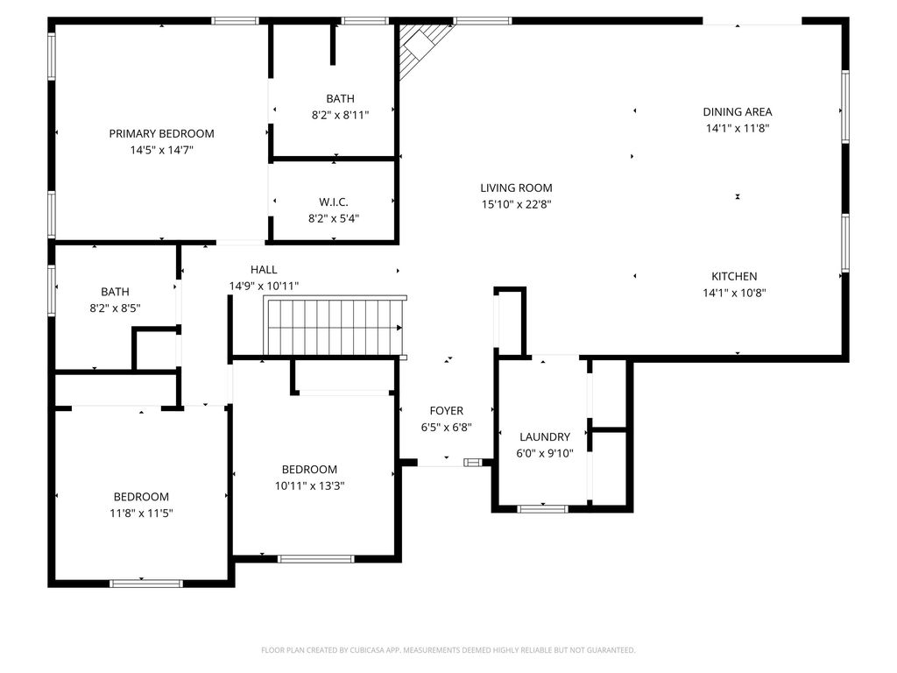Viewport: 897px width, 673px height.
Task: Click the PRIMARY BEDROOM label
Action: (161, 133)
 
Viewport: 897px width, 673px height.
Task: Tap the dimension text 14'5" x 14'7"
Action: (161, 150)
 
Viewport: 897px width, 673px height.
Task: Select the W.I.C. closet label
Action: (334, 202)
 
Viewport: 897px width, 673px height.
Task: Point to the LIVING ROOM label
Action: (516, 188)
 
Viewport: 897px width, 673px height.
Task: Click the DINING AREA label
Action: (738, 111)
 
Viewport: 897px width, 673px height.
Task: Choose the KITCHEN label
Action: (734, 276)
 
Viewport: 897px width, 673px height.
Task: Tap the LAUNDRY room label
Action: (545, 436)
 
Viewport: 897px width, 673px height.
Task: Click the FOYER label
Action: (446, 410)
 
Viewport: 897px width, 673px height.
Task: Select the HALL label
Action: (264, 270)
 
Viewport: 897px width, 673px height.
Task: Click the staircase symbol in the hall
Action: (335, 326)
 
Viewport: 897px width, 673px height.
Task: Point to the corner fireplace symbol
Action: (422, 49)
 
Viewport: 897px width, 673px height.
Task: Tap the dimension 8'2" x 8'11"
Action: (341, 115)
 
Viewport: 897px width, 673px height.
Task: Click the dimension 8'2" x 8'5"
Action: (115, 308)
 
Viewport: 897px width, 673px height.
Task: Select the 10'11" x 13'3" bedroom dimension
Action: (309, 485)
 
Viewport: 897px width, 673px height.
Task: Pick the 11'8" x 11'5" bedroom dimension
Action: (141, 514)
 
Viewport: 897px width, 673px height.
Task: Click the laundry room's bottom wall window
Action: (542, 508)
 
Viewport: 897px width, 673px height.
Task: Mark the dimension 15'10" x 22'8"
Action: (516, 204)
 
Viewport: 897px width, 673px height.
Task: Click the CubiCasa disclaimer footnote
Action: (448, 650)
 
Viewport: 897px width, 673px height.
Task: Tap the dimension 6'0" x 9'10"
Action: (545, 453)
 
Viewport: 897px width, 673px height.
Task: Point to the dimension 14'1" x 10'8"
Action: (734, 293)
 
